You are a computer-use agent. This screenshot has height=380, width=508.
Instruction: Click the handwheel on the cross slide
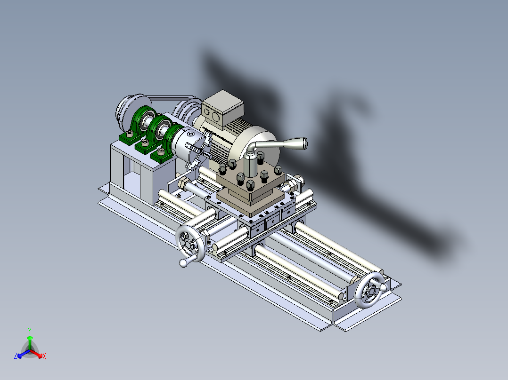pyautogui.click(x=191, y=243)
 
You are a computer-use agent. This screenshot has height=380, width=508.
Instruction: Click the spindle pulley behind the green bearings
pyautogui.click(x=130, y=109)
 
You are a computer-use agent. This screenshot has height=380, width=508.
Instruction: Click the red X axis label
pyautogui.click(x=44, y=356)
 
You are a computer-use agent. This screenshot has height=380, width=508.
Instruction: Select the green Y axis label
pyautogui.click(x=29, y=331)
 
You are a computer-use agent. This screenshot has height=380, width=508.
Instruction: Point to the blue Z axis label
pyautogui.click(x=16, y=356)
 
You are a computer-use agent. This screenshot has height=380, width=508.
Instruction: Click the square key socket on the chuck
pyautogui.click(x=189, y=135)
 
